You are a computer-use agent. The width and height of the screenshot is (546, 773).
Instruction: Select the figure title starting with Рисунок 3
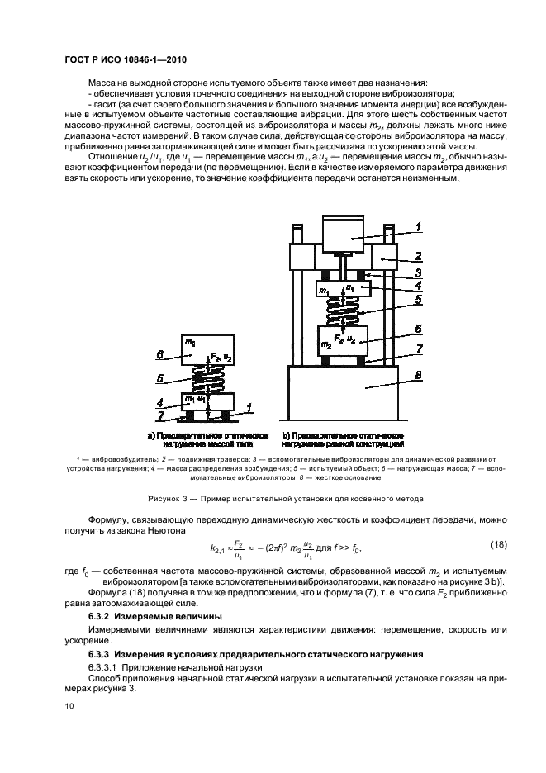(273, 499)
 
